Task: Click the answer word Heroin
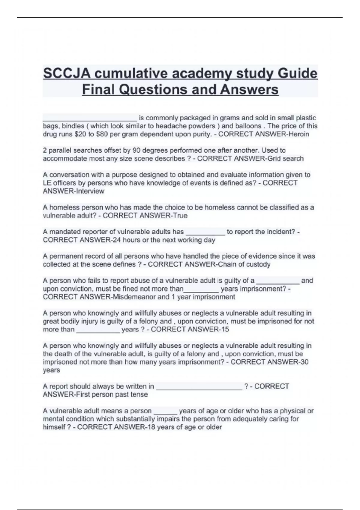[298, 134]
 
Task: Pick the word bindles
[73, 126]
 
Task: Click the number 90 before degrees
[136, 150]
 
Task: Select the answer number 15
[224, 329]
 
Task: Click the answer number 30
[304, 362]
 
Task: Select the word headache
[169, 126]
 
